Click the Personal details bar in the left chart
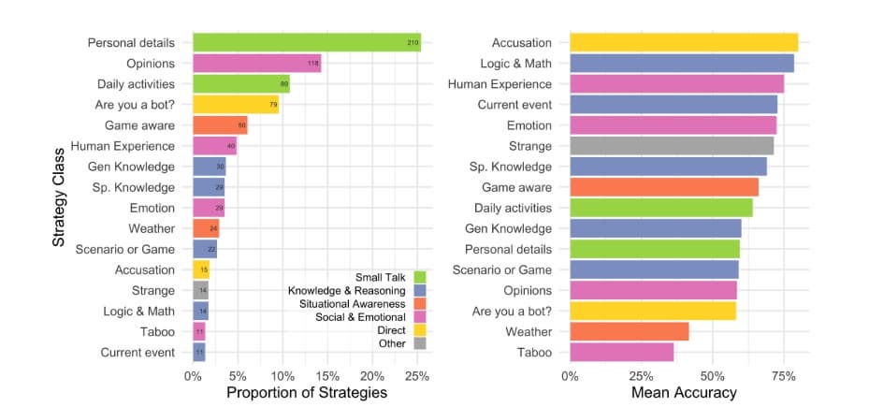[307, 43]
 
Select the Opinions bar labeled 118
[256, 64]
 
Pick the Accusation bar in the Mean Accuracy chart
[683, 43]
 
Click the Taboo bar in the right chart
[621, 352]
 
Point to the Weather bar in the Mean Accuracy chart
[629, 331]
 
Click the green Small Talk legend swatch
[420, 277]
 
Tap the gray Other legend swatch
[420, 342]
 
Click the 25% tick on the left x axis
[417, 375]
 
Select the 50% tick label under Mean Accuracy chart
[712, 375]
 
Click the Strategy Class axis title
[58, 196]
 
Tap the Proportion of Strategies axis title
[307, 394]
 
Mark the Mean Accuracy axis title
[684, 394]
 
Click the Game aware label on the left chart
[139, 125]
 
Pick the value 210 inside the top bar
[412, 43]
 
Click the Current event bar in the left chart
[199, 352]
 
